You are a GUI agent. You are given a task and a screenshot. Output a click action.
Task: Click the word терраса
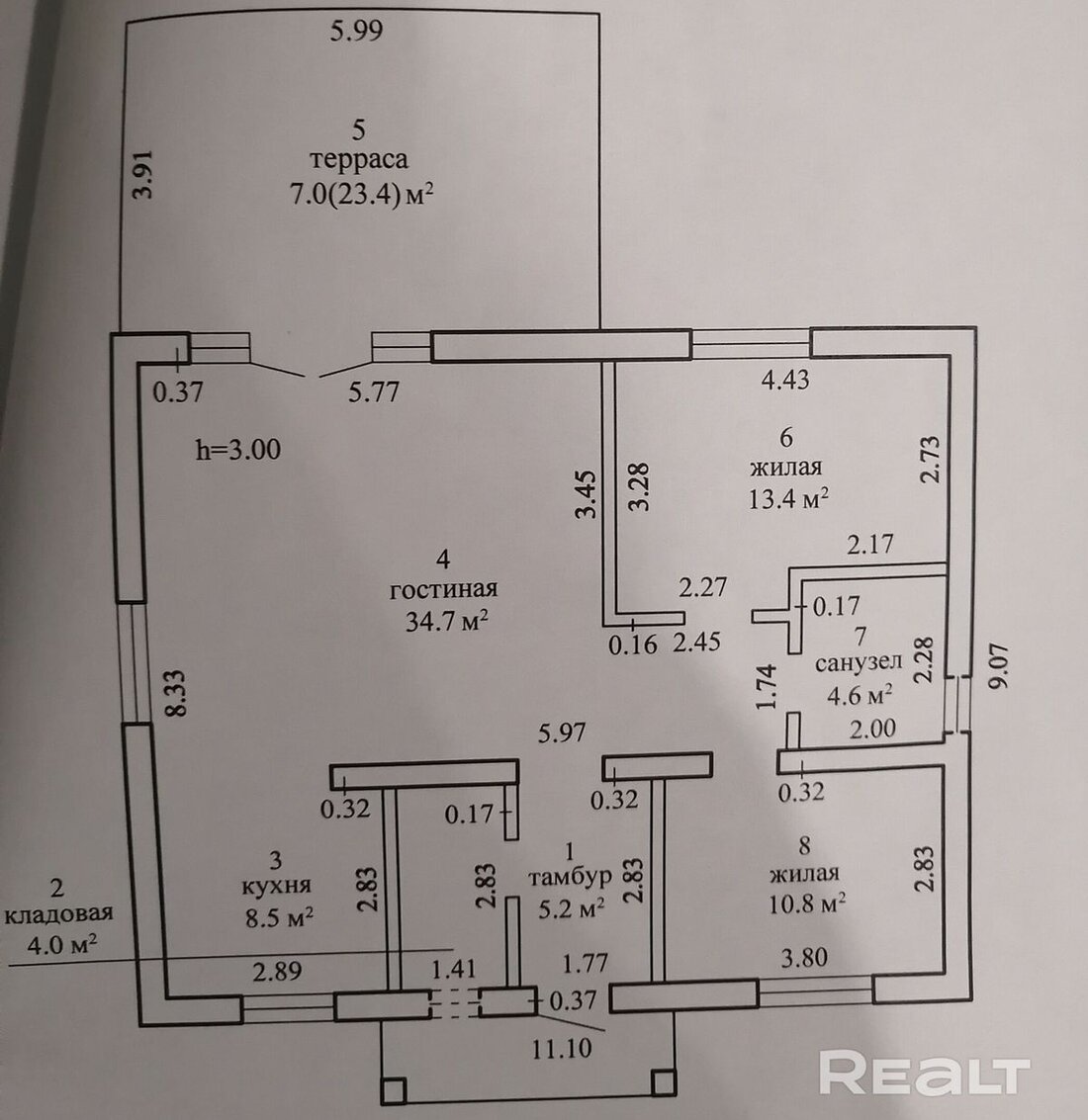click(x=359, y=160)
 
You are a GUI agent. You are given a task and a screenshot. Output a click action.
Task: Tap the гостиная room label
click(x=443, y=589)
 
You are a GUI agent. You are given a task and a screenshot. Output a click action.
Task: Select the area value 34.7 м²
click(x=443, y=622)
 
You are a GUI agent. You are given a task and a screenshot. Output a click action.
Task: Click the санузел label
click(x=857, y=662)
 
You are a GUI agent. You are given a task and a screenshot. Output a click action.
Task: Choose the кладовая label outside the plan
click(x=58, y=913)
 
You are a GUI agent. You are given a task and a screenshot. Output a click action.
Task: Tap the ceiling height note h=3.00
click(x=239, y=450)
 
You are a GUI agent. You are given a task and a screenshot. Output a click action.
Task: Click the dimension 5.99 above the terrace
click(x=356, y=31)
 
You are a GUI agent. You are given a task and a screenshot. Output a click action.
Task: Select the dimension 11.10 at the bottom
click(x=563, y=1047)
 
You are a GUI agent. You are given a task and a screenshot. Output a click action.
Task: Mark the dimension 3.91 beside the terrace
click(x=144, y=176)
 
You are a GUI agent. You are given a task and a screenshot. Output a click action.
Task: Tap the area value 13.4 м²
click(x=787, y=497)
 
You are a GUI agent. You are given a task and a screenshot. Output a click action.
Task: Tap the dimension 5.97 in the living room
click(x=561, y=732)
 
